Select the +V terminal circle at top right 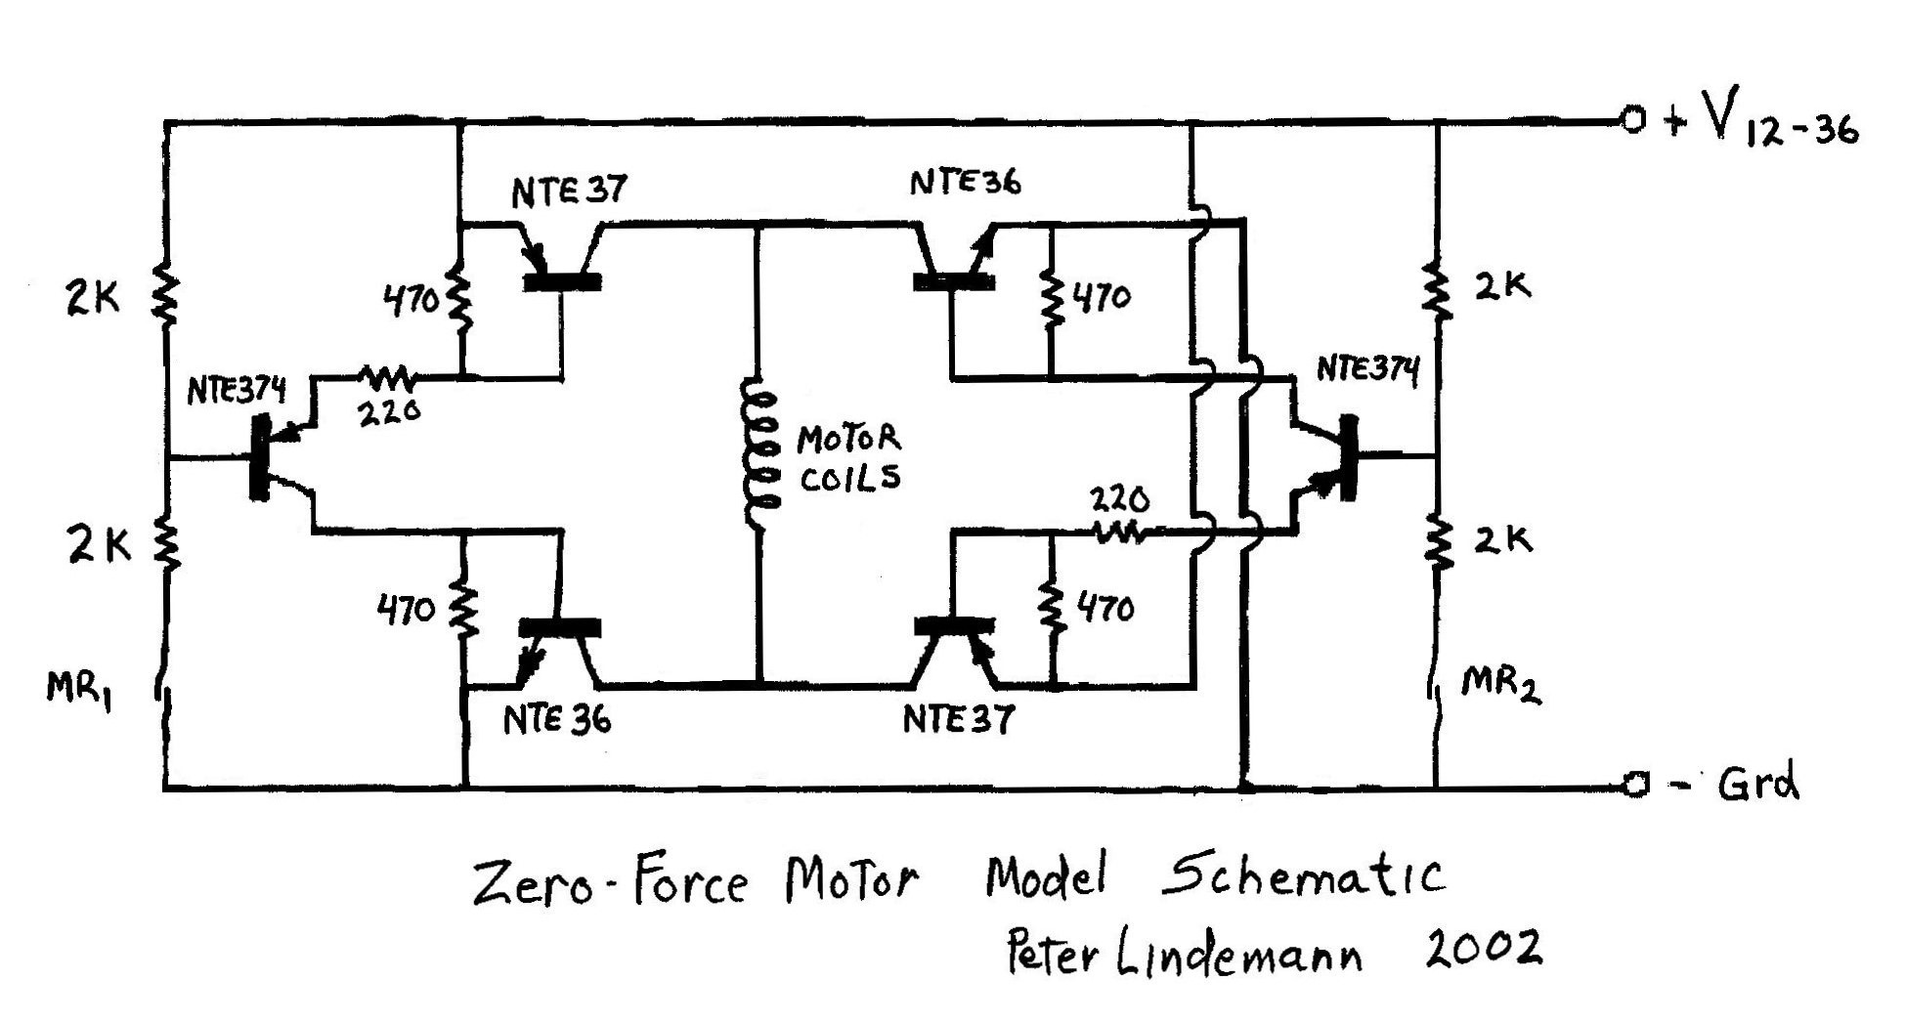pyautogui.click(x=1631, y=121)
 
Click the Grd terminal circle pyautogui.click(x=1632, y=785)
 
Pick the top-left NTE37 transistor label pyautogui.click(x=568, y=190)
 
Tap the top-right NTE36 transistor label pyautogui.click(x=965, y=183)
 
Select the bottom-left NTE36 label pyautogui.click(x=557, y=720)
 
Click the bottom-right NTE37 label pyautogui.click(x=958, y=720)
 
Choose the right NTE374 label pyautogui.click(x=1367, y=369)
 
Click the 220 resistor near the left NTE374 pyautogui.click(x=388, y=375)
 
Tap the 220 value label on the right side pyautogui.click(x=1119, y=501)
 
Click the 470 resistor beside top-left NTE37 pyautogui.click(x=459, y=300)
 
